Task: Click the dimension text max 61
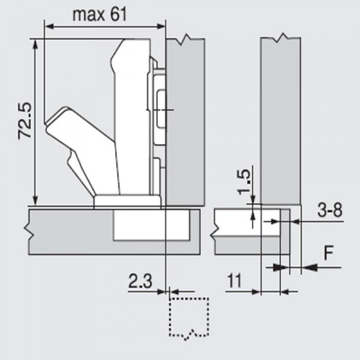99,14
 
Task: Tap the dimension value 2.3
140,281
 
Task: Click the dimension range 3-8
328,211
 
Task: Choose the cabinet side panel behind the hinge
185,123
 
